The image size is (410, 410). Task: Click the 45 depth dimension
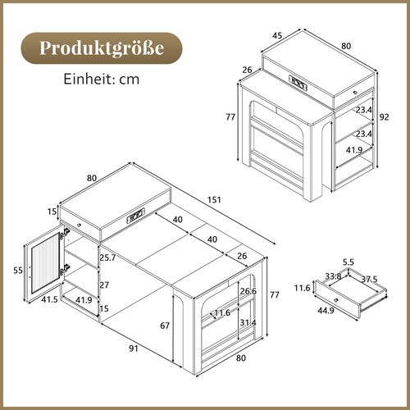(x=277, y=34)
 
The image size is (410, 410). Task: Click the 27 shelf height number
(x=103, y=286)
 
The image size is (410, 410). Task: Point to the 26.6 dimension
(x=248, y=290)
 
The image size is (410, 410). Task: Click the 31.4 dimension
(x=248, y=322)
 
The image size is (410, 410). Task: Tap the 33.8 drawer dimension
(x=333, y=276)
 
